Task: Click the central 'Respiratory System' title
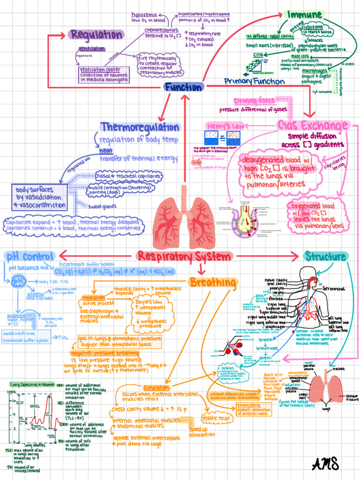coord(184,256)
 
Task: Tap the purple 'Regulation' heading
coord(96,35)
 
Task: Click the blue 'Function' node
coord(183,87)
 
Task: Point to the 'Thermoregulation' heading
coord(140,127)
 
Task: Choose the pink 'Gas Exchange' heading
coord(313,125)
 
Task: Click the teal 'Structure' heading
coord(325,256)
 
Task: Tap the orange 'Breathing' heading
coord(213,282)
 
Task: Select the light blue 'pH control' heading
coord(30,256)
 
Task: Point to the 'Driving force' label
coord(255,101)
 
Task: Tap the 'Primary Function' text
coord(254,82)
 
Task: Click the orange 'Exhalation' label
coord(157,388)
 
